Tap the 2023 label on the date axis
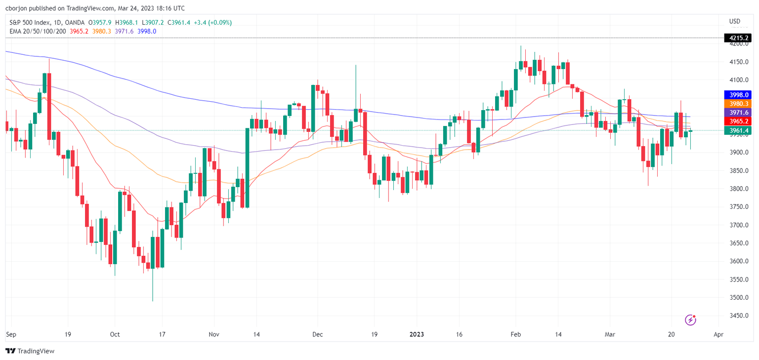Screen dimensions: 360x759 click(x=417, y=334)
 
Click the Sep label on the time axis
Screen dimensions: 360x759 click(x=10, y=334)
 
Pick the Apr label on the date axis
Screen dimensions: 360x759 click(x=718, y=334)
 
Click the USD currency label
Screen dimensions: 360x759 click(x=734, y=21)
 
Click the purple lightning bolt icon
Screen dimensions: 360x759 click(x=691, y=320)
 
